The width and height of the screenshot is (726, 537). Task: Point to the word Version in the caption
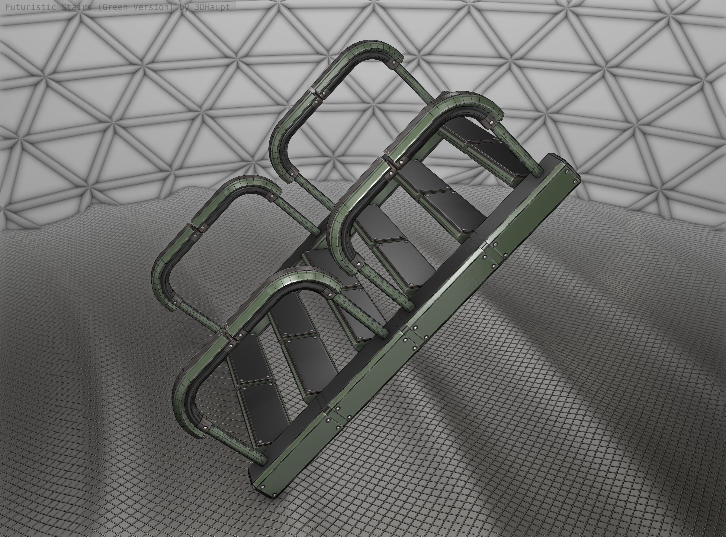tap(153, 7)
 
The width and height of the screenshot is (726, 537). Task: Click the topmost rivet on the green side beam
tap(567, 171)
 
